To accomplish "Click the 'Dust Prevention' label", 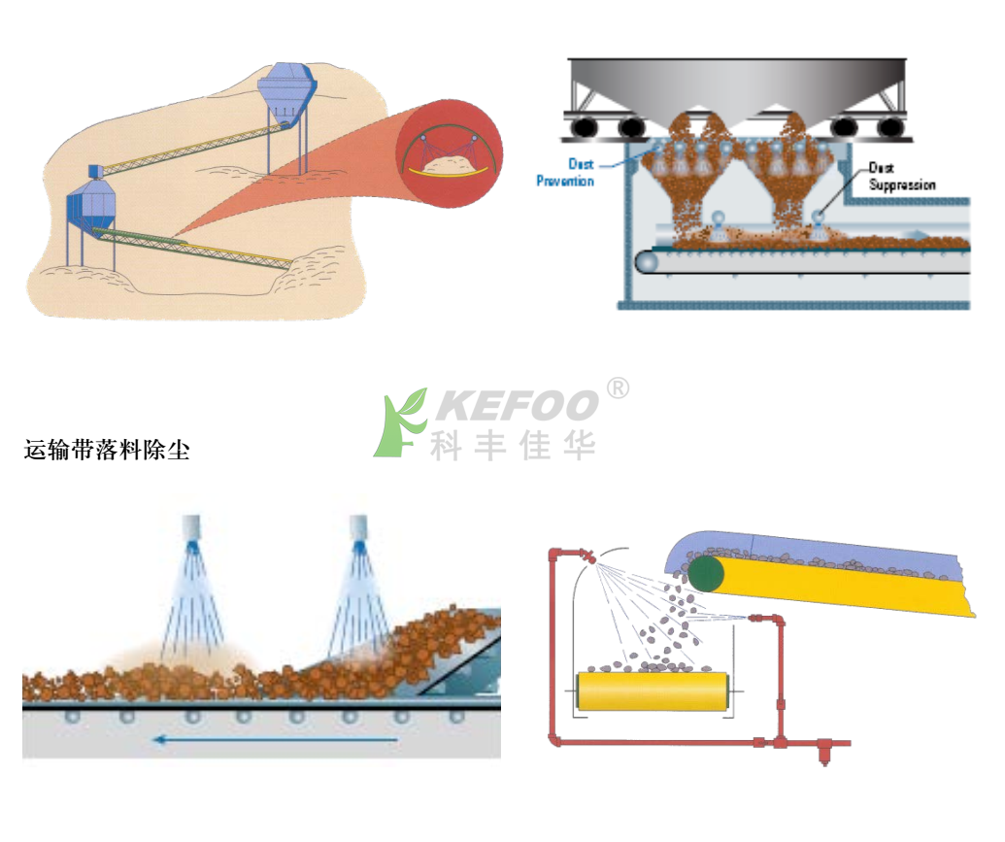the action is point(565,173).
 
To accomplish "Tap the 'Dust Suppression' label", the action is point(902,177).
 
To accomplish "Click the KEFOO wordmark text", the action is point(517,405).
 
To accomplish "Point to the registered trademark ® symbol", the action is point(618,387).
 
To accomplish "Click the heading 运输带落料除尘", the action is point(107,451).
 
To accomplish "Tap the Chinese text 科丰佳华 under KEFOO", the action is point(513,446).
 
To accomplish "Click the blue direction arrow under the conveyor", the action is point(276,740).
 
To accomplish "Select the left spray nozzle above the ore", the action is point(191,529).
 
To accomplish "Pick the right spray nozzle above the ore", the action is point(358,529).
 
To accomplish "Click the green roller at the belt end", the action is point(706,574).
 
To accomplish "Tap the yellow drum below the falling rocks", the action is point(653,690).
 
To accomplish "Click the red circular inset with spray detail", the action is point(449,152).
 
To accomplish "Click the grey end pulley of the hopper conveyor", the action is point(648,261).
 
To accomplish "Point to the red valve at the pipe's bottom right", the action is point(824,749).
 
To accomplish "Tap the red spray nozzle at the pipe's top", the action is point(588,556).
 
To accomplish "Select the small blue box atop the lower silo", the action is point(95,171).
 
